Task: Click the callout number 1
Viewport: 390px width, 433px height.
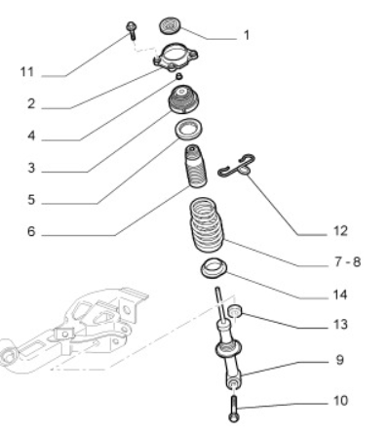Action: pyautogui.click(x=247, y=35)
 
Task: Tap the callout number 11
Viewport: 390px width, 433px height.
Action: pyautogui.click(x=27, y=72)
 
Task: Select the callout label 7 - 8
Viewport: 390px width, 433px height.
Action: pyautogui.click(x=347, y=261)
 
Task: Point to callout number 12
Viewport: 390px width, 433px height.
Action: pyautogui.click(x=340, y=231)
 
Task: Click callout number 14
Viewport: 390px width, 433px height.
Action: pyautogui.click(x=340, y=295)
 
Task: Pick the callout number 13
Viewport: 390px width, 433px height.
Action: pyautogui.click(x=340, y=324)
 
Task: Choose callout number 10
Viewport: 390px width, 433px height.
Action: pyautogui.click(x=340, y=401)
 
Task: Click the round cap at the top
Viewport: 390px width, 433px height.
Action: pyautogui.click(x=170, y=25)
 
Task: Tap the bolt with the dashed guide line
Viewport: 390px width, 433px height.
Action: pyautogui.click(x=132, y=30)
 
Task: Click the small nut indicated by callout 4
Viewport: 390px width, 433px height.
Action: pyautogui.click(x=178, y=76)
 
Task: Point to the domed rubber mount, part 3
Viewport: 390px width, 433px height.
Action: pyautogui.click(x=183, y=99)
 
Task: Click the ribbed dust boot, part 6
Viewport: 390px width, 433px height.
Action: pyautogui.click(x=196, y=167)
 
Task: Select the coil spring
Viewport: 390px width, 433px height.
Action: pyautogui.click(x=207, y=224)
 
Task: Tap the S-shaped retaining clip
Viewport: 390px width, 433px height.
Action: pyautogui.click(x=236, y=167)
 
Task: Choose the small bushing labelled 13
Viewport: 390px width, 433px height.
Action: pyautogui.click(x=235, y=311)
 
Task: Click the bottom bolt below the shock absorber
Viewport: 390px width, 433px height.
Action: pyautogui.click(x=234, y=409)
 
